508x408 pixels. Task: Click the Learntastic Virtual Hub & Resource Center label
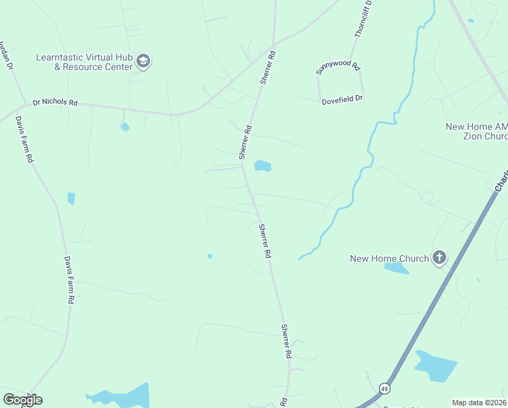85,62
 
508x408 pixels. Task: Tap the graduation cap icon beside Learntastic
143,62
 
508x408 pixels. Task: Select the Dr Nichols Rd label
56,103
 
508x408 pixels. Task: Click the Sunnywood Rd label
338,67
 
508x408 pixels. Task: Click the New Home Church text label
389,258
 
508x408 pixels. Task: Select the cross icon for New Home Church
439,258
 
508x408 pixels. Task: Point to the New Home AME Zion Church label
476,131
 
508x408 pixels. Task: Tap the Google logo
22,400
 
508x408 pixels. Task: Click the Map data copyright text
478,403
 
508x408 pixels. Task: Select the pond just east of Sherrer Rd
262,166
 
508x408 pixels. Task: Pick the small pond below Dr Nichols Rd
125,126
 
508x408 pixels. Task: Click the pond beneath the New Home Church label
396,269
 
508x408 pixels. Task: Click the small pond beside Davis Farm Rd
71,199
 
